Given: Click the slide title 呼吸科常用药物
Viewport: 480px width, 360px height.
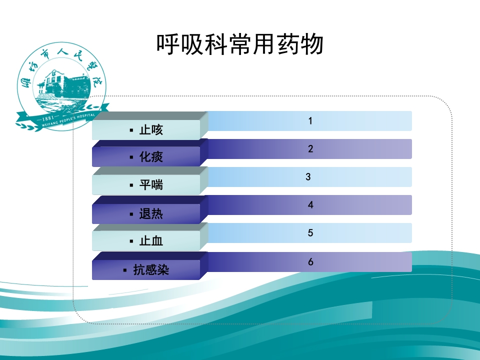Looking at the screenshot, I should pos(240,44).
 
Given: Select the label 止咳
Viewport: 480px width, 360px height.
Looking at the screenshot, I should pos(151,130).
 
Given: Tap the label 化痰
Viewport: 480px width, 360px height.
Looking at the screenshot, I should pos(151,158).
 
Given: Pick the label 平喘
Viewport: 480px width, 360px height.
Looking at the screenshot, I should pos(151,185).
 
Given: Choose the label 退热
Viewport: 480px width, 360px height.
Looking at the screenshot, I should pos(151,214).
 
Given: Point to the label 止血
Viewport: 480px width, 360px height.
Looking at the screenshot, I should pos(151,241).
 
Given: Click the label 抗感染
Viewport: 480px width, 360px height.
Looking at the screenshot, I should pos(151,270).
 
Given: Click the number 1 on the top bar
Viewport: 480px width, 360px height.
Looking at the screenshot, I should pos(310,121).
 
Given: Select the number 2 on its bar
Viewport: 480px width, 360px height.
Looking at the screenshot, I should pos(310,149).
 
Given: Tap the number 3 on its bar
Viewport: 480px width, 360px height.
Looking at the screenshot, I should pos(308,177).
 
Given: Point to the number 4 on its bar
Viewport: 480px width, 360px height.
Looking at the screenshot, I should pos(310,205).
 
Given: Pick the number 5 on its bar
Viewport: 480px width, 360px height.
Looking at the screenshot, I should pos(310,233).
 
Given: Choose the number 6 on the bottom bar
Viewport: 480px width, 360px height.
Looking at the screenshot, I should pos(310,262).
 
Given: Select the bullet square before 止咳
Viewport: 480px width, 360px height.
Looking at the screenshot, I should pos(131,130).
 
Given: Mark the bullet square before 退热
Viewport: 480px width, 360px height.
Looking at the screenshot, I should pos(131,214).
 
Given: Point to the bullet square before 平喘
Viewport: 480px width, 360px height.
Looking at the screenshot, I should pos(131,185).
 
